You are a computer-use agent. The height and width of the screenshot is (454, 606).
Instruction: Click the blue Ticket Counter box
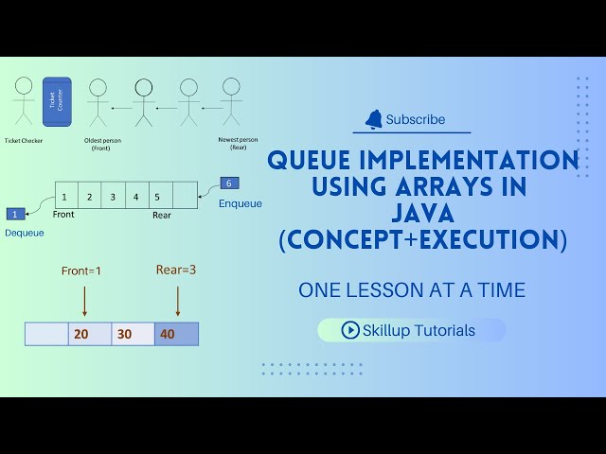coord(57,101)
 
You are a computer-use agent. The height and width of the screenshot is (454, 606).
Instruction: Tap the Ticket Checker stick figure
coord(24,99)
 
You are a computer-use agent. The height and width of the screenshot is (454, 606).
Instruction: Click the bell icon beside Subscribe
coord(374,119)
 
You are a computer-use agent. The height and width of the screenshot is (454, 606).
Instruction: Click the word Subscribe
coord(415,120)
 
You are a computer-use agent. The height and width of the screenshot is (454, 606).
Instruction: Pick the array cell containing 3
coord(113,197)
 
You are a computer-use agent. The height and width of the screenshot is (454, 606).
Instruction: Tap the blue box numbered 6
coord(230,183)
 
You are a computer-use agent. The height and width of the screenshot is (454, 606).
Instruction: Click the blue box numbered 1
coord(15,214)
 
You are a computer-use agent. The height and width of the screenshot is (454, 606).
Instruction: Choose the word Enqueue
coord(241,203)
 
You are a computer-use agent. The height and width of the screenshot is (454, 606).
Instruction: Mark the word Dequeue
coord(25,233)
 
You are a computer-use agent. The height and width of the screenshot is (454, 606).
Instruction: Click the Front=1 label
coord(81,271)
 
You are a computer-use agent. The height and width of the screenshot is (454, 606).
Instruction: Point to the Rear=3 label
coord(176,270)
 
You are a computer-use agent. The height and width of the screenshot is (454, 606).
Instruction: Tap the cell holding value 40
coord(176,334)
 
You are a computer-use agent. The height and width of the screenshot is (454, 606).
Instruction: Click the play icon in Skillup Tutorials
coord(350,330)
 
